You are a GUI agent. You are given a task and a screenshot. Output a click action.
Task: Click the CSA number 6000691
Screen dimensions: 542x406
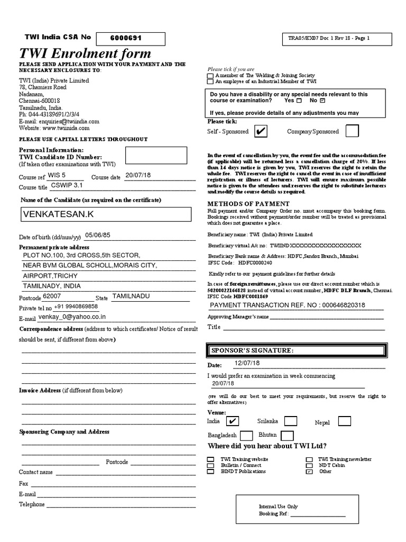(x=126, y=38)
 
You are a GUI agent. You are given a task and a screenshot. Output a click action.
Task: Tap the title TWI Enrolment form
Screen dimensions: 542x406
(x=85, y=53)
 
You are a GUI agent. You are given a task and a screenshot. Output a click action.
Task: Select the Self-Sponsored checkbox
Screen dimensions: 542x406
(x=261, y=131)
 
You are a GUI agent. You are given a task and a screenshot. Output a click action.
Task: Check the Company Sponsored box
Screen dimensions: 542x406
(x=352, y=131)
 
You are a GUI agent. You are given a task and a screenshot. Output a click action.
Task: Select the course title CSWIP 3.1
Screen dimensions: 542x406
(x=67, y=186)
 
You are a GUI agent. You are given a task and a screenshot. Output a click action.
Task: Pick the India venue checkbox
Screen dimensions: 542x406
(x=232, y=421)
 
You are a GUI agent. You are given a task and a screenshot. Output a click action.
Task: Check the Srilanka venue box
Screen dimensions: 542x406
(x=290, y=421)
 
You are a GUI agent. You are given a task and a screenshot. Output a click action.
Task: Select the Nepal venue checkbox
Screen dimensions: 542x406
(x=344, y=421)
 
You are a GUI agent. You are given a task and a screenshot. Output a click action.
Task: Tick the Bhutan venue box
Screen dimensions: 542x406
(x=287, y=436)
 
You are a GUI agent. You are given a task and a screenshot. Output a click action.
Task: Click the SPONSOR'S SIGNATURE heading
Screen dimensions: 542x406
(x=245, y=350)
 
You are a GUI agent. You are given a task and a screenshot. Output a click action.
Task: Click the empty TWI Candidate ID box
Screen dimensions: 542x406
(x=156, y=156)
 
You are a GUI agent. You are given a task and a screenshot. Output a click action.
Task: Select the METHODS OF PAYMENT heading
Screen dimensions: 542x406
(x=248, y=204)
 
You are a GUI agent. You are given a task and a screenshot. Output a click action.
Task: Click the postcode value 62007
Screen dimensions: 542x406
(x=52, y=296)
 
